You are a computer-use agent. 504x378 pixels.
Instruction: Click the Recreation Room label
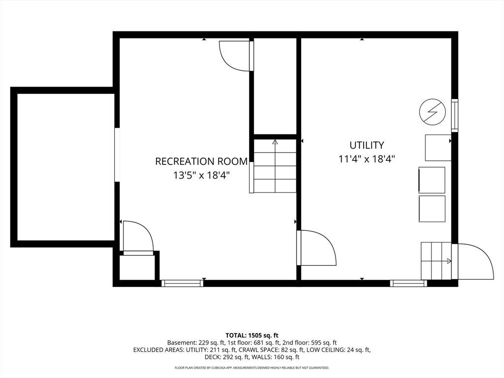tap(201, 161)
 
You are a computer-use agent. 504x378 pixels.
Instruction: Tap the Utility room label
tap(367, 145)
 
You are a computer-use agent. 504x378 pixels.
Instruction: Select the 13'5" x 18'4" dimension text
tap(201, 176)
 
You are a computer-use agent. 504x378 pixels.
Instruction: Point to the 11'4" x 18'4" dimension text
tap(367, 159)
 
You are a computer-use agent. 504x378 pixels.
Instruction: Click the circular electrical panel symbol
tap(433, 112)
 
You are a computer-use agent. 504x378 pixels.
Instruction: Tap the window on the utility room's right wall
tap(455, 115)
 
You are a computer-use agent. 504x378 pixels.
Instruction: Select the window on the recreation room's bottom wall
tap(182, 283)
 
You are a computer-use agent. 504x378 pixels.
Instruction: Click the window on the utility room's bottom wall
tap(409, 283)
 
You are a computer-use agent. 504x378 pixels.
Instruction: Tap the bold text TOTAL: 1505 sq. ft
tap(252, 336)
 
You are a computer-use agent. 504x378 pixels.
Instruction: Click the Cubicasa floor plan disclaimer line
tap(252, 367)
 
